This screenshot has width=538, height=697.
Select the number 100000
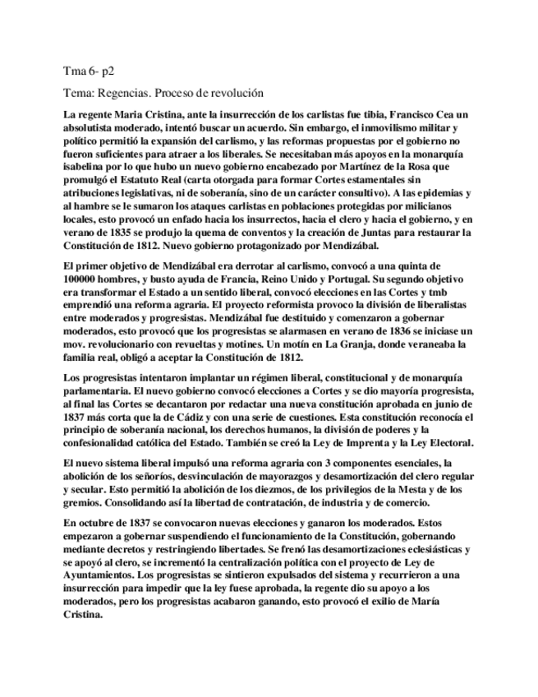85,279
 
